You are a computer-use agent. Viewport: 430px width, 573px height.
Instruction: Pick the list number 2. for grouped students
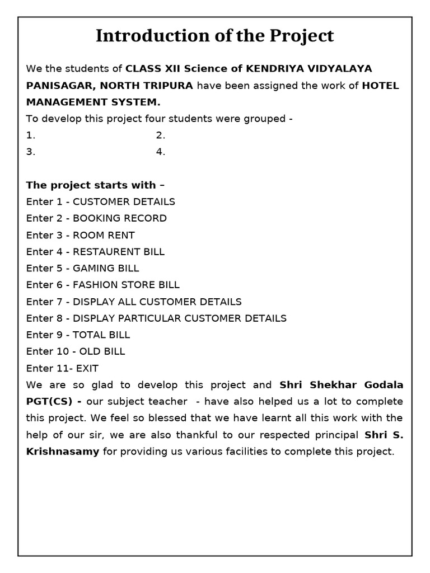click(x=161, y=135)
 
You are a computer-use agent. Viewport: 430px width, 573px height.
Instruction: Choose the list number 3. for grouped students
click(x=31, y=152)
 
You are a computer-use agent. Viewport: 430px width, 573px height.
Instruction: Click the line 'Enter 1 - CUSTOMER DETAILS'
click(x=101, y=201)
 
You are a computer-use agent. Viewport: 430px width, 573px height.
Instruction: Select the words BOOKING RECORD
click(x=120, y=218)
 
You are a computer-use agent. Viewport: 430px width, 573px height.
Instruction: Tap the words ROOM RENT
click(x=104, y=235)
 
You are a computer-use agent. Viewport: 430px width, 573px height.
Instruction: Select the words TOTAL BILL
click(x=101, y=335)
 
